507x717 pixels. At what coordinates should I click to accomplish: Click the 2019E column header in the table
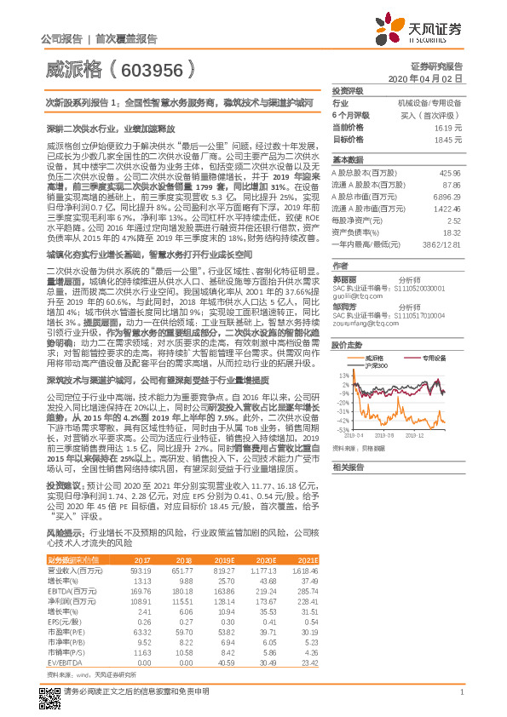(224, 559)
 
